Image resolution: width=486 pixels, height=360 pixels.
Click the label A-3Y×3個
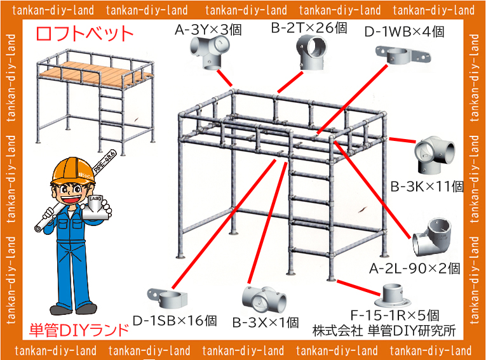pyautogui.click(x=208, y=29)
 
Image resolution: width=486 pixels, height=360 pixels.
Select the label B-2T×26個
pyautogui.click(x=309, y=28)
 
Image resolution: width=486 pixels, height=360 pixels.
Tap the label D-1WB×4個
pyautogui.click(x=404, y=31)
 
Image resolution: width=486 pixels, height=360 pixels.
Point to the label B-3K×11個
pyautogui.click(x=427, y=187)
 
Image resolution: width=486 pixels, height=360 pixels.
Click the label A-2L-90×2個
pyautogui.click(x=414, y=269)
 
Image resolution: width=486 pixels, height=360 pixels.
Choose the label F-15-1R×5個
pyautogui.click(x=395, y=315)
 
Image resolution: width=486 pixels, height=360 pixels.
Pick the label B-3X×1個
pyautogui.click(x=265, y=323)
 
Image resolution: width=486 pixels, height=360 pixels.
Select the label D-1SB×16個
pyautogui.click(x=175, y=320)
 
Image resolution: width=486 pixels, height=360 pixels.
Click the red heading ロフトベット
pyautogui.click(x=84, y=34)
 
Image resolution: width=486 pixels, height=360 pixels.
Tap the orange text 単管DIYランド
pyautogui.click(x=79, y=330)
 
